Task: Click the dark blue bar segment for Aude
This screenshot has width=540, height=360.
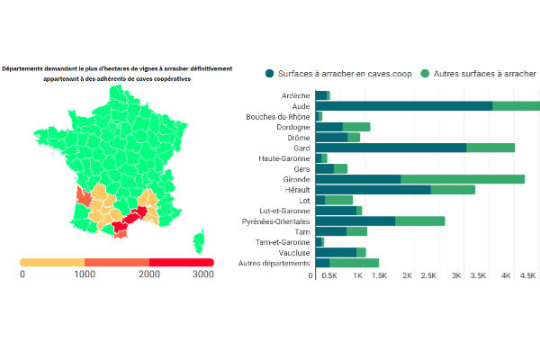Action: point(403,105)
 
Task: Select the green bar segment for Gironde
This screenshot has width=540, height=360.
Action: point(463,179)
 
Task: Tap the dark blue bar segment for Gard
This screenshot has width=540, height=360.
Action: point(391,148)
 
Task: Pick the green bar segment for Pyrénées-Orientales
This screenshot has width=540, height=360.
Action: point(419,220)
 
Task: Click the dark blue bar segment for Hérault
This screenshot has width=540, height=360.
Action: point(373,189)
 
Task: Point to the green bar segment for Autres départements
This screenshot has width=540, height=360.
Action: point(354,263)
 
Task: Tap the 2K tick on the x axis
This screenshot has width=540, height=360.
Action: point(408,276)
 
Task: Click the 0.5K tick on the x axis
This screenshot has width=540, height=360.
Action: point(329,276)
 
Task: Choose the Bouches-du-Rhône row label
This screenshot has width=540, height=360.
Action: point(277,116)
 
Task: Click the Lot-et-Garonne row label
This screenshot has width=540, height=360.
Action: point(283,211)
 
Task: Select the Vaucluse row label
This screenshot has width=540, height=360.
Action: point(292,252)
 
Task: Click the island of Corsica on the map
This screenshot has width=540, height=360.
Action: point(199,241)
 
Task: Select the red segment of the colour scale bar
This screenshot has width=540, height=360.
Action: point(181,261)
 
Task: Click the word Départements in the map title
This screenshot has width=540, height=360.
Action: point(24,68)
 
